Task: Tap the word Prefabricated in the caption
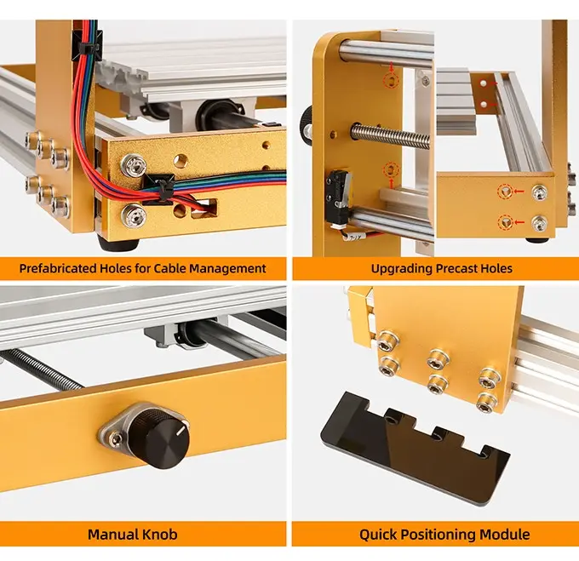click(58, 268)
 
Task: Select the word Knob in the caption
click(161, 535)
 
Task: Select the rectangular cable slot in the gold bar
click(204, 209)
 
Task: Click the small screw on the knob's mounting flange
click(117, 438)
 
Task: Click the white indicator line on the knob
click(181, 430)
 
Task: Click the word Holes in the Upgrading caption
click(496, 268)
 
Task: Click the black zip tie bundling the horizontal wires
click(159, 189)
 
